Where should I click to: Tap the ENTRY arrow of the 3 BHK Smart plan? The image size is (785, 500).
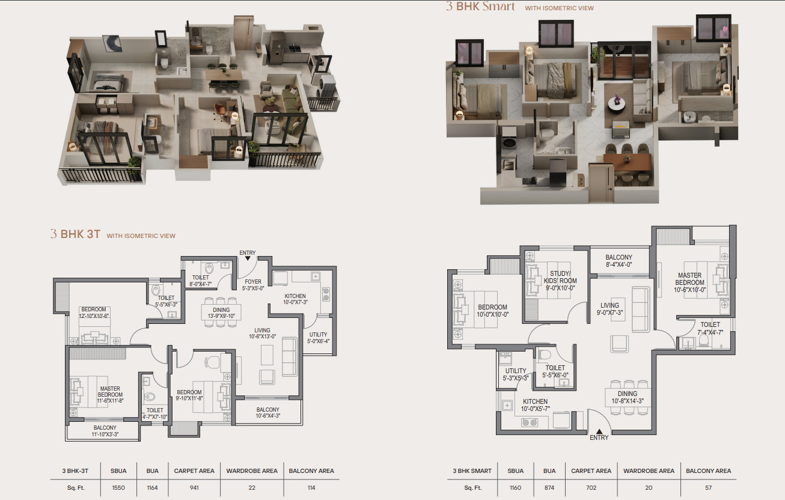(x=599, y=431)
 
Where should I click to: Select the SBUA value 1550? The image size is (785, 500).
(x=118, y=487)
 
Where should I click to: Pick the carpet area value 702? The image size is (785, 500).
(x=591, y=487)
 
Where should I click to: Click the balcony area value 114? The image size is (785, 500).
(x=311, y=487)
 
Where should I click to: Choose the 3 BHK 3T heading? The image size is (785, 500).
(x=75, y=234)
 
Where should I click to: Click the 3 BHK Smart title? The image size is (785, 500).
(x=480, y=6)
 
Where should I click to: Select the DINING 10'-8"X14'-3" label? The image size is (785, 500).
(x=628, y=397)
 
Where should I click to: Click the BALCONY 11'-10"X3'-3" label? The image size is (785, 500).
(x=105, y=431)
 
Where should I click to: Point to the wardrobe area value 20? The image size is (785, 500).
(x=649, y=487)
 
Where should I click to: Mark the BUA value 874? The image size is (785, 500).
(x=549, y=487)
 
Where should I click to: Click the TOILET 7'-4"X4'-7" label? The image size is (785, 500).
(x=710, y=328)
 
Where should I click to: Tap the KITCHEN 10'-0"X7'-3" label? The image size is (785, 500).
(x=295, y=299)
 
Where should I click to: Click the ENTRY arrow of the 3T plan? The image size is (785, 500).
(x=248, y=258)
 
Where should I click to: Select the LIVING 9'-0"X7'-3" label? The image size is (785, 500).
(x=609, y=309)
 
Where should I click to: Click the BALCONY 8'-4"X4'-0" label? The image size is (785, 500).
(x=619, y=261)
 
